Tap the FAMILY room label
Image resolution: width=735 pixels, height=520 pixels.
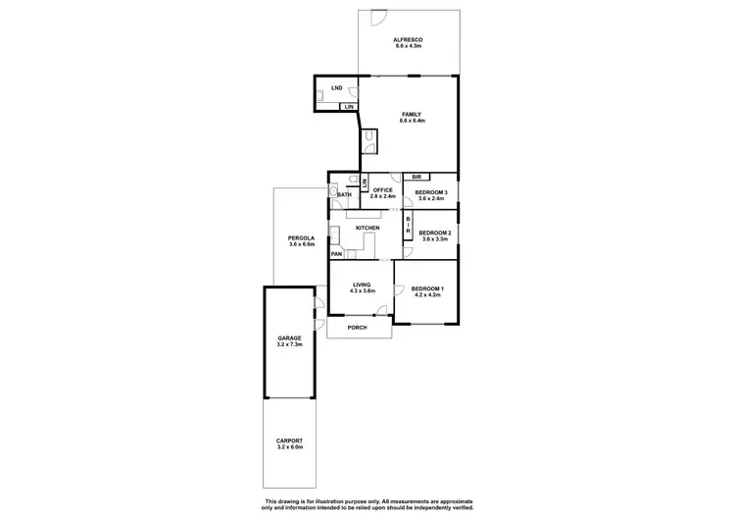pyautogui.click(x=412, y=114)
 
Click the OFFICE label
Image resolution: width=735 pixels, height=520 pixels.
pyautogui.click(x=382, y=190)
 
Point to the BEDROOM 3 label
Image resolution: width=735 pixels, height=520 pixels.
pyautogui.click(x=430, y=192)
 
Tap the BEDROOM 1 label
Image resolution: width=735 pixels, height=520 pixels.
pyautogui.click(x=428, y=287)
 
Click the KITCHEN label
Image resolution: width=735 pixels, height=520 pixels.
pyautogui.click(x=367, y=229)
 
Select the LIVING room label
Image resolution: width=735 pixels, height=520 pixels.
pyautogui.click(x=363, y=284)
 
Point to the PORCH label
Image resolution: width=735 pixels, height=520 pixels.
pyautogui.click(x=358, y=327)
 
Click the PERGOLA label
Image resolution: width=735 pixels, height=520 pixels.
pyautogui.click(x=301, y=237)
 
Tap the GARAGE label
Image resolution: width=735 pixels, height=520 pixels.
pyautogui.click(x=289, y=338)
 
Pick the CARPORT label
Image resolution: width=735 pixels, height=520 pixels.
pyautogui.click(x=289, y=441)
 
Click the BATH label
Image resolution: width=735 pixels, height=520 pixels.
pyautogui.click(x=344, y=195)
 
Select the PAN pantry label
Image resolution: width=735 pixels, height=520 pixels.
pyautogui.click(x=336, y=254)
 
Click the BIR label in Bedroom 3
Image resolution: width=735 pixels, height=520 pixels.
pyautogui.click(x=416, y=178)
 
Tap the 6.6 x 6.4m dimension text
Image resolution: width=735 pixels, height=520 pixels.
pyautogui.click(x=412, y=121)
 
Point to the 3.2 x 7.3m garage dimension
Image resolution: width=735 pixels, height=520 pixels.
pyautogui.click(x=289, y=345)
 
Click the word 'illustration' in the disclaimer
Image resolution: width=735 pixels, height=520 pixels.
pyautogui.click(x=323, y=501)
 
